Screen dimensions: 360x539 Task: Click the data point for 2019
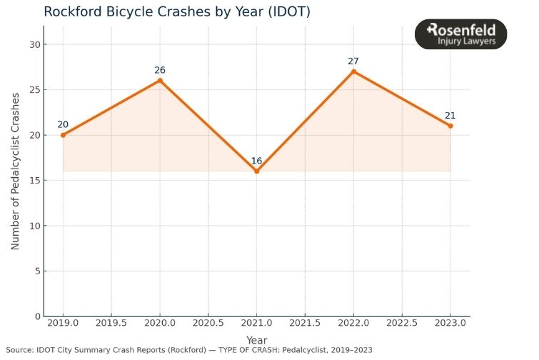[63, 135]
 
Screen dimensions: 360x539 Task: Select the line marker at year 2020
[160, 80]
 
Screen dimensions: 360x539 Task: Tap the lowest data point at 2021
[256, 171]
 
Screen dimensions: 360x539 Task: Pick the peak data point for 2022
[353, 71]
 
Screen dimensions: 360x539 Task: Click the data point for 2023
[450, 126]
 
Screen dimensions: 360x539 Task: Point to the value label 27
[353, 61]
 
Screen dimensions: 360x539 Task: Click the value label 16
[256, 161]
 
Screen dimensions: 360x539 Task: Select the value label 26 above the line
[160, 70]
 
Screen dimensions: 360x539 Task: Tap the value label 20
[63, 125]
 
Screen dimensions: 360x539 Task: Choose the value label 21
[450, 116]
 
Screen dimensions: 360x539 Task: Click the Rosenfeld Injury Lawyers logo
[461, 34]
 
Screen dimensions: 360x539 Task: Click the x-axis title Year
[256, 341]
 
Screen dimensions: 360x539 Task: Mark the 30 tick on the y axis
[33, 44]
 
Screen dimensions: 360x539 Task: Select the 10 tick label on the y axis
[33, 226]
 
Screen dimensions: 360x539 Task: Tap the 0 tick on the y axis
[36, 316]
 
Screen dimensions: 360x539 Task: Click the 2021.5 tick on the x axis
[305, 324]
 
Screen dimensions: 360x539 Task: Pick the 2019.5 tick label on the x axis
[111, 324]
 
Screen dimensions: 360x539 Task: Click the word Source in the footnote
[19, 351]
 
